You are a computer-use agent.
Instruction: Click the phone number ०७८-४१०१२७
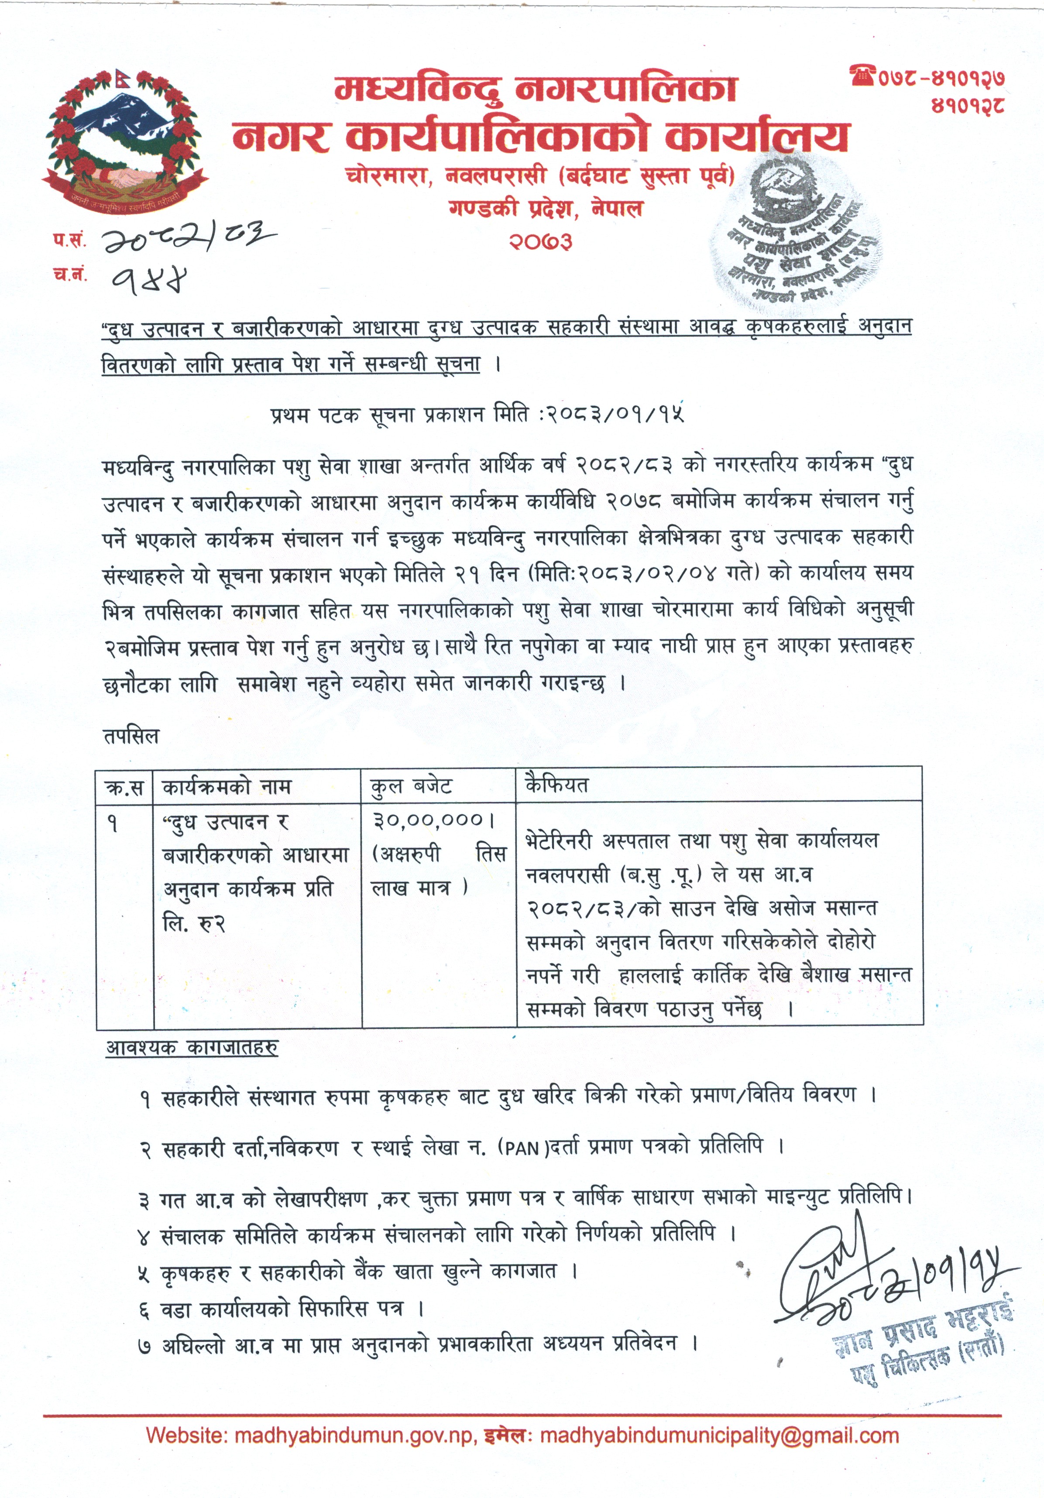click(940, 78)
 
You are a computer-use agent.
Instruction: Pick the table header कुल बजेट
click(411, 786)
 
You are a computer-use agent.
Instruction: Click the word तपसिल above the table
click(131, 737)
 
